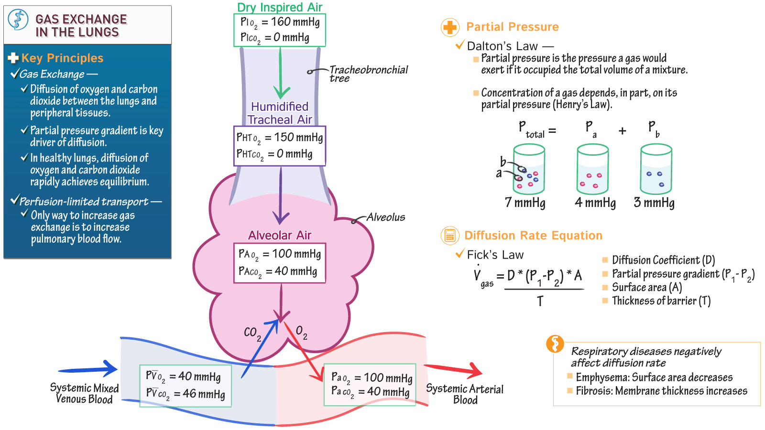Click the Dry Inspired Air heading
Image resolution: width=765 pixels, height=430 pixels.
[280, 7]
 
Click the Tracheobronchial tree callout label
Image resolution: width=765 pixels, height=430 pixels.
[368, 73]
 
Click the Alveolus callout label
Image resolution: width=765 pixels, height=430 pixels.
[385, 217]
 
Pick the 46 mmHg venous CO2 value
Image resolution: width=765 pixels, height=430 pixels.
[204, 394]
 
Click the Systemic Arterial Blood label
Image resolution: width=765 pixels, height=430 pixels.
[465, 394]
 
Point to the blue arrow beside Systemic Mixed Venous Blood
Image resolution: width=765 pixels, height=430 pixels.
[88, 369]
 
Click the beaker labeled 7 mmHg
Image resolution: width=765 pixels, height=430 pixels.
[529, 170]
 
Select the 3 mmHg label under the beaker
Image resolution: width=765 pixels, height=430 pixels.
[654, 203]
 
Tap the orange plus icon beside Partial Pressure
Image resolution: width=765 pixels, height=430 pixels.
[449, 27]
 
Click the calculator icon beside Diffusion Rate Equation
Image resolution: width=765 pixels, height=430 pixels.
[449, 236]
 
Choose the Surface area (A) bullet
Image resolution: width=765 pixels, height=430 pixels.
[646, 287]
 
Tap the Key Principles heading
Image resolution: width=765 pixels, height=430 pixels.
[62, 58]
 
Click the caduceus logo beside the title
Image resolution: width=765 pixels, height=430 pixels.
[18, 20]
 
